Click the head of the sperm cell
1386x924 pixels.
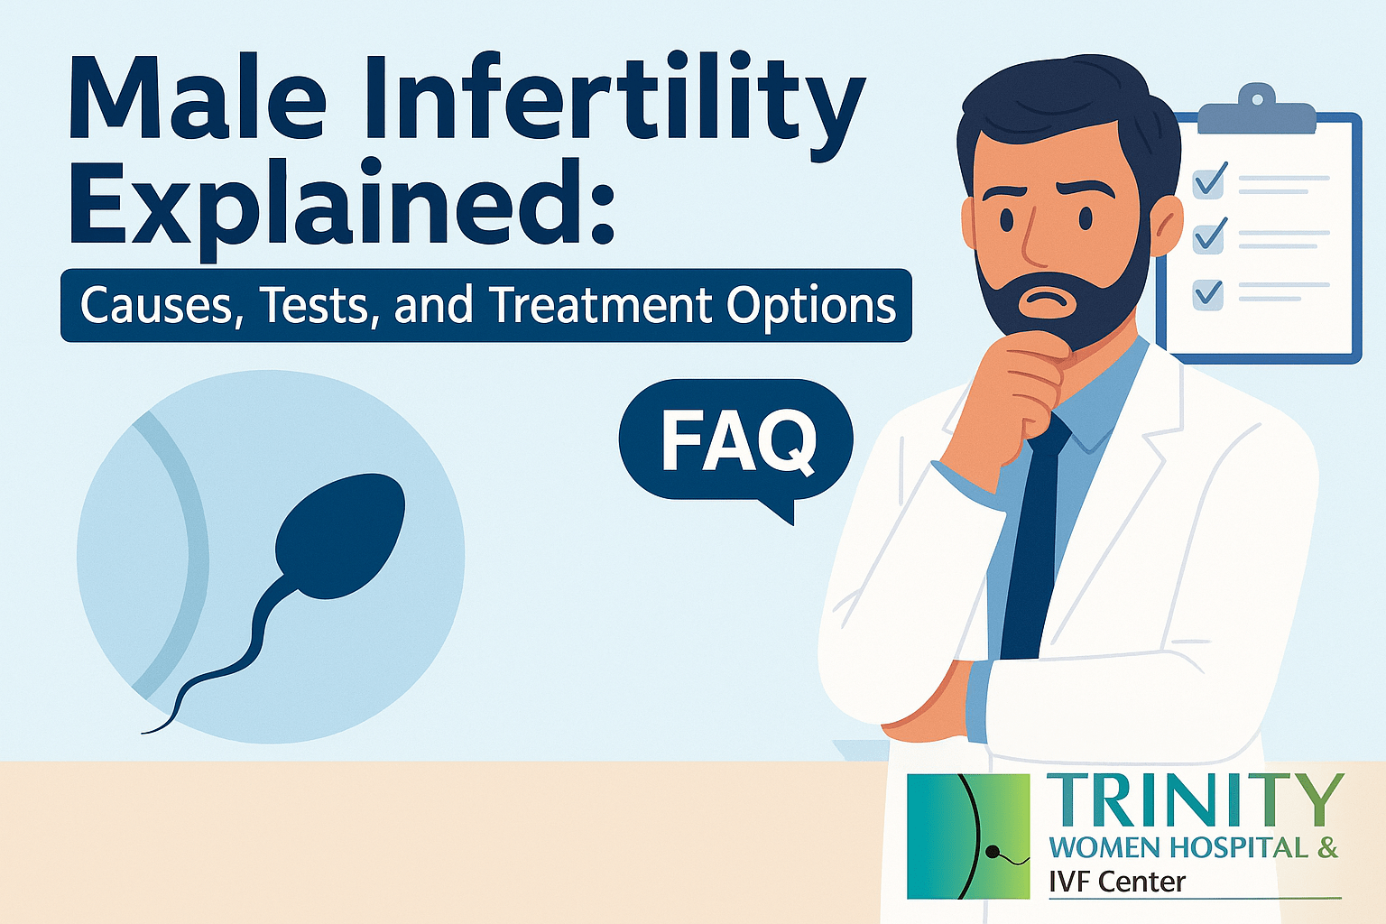pos(339,535)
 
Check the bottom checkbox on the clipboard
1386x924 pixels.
pos(1208,293)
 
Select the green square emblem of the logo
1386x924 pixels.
pos(968,836)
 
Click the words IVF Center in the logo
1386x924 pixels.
pos(1117,881)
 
